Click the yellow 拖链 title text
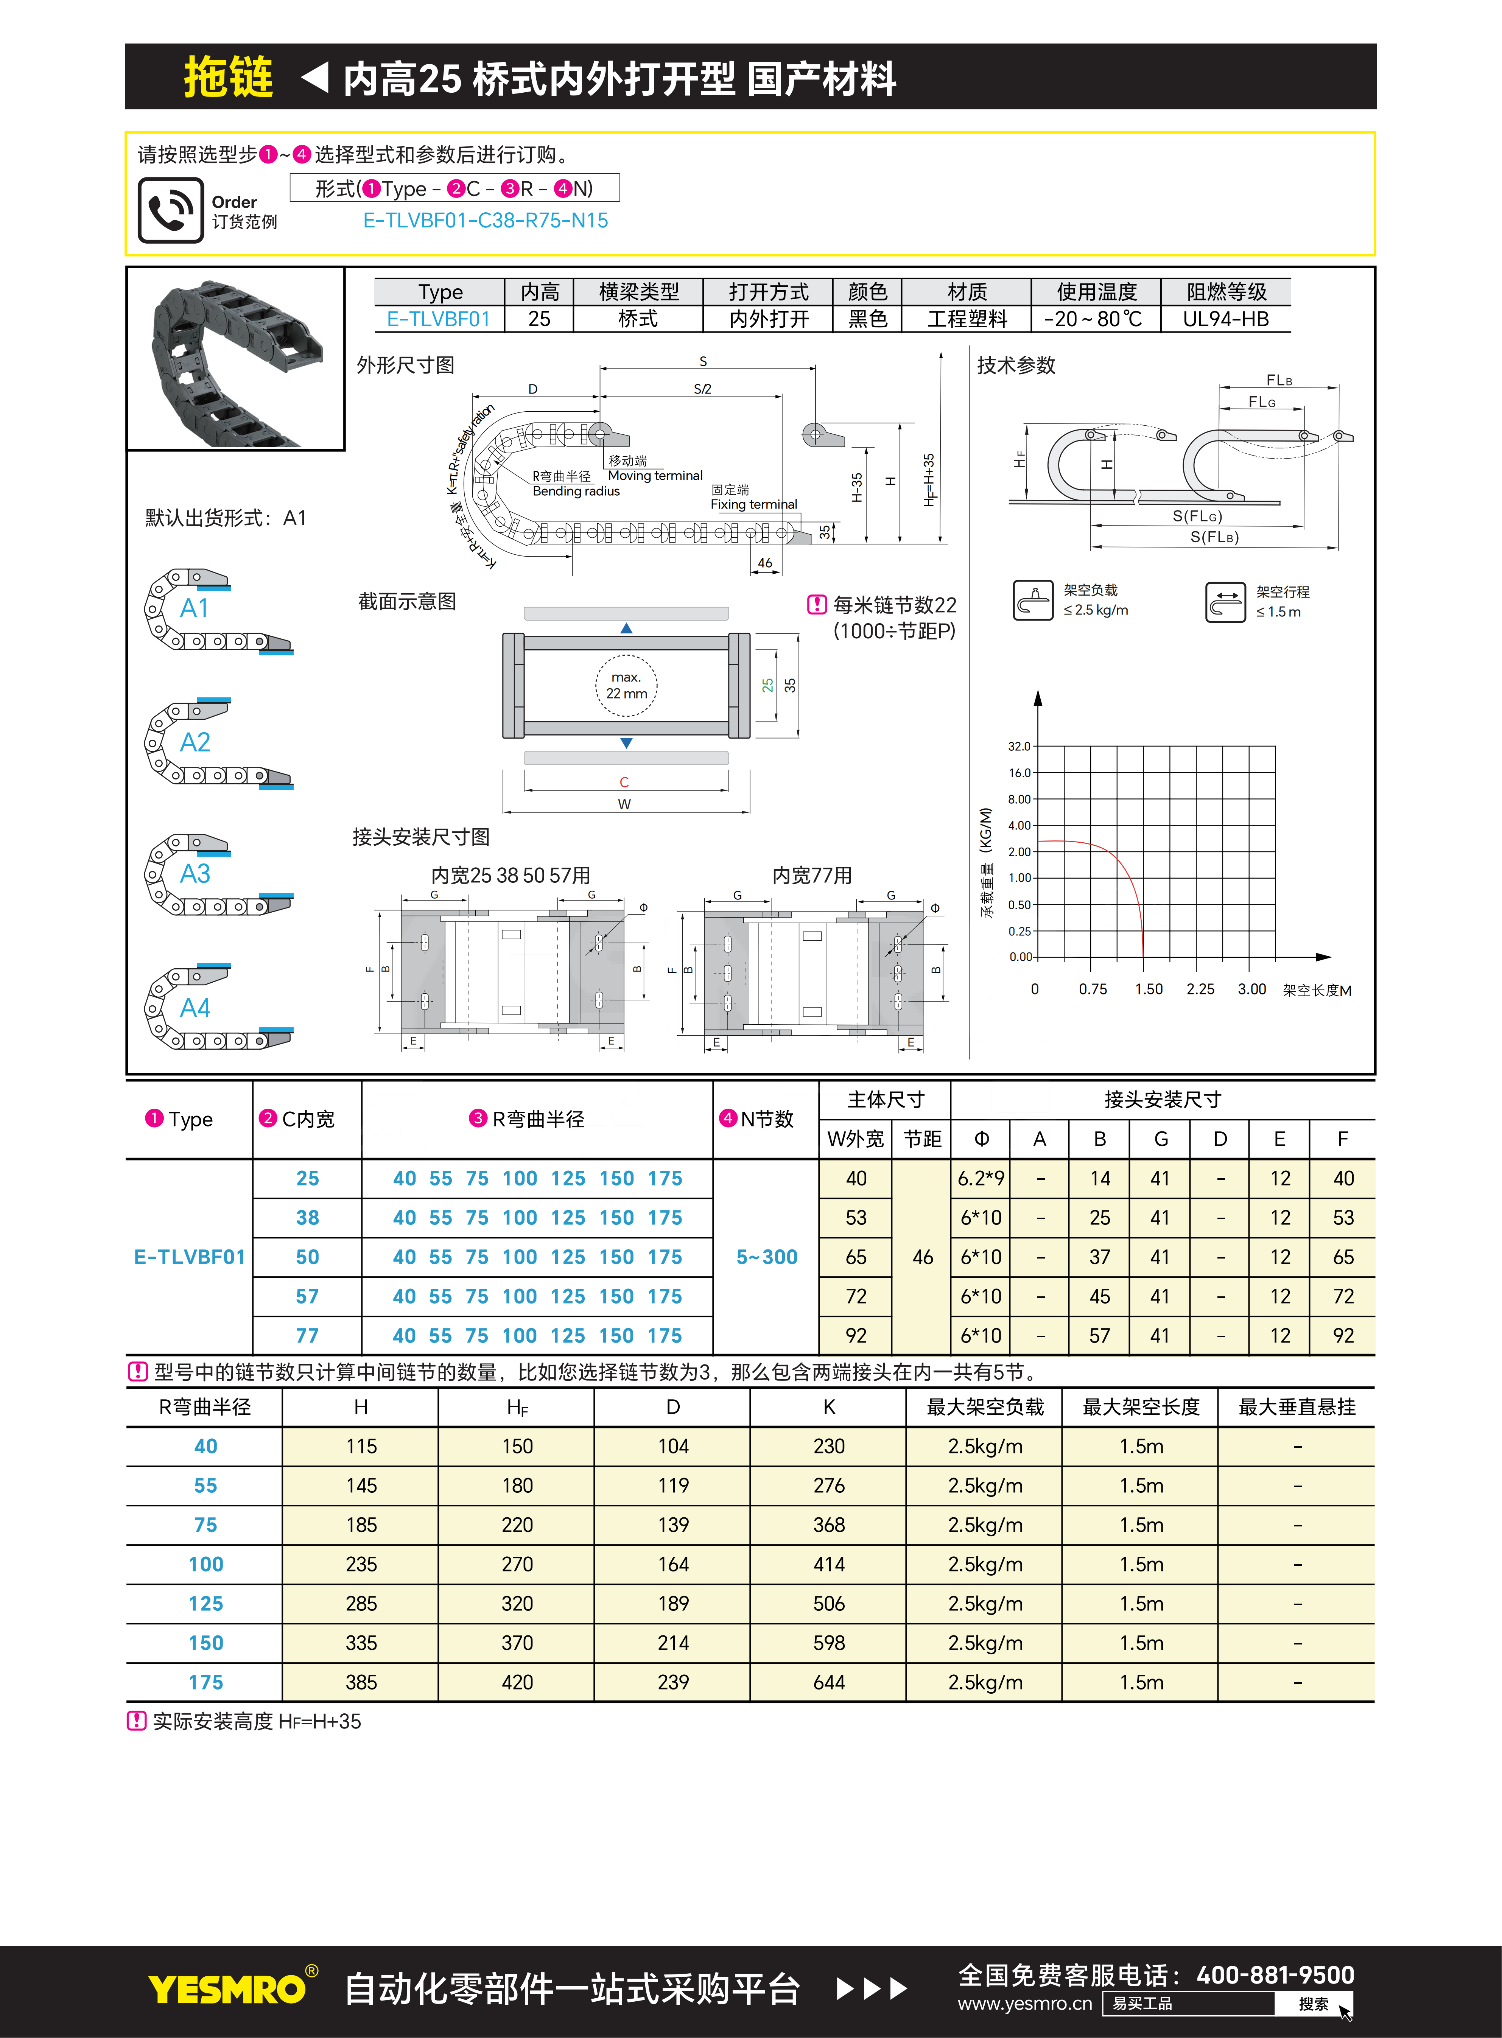(228, 77)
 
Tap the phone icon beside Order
(170, 210)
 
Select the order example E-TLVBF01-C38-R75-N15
(486, 221)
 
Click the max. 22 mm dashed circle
(626, 685)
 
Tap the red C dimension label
(624, 782)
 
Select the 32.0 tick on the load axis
(1019, 746)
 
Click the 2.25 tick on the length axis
(1200, 989)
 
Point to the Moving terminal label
(655, 475)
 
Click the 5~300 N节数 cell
(766, 1257)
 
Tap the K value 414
(829, 1564)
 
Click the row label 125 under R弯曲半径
(205, 1604)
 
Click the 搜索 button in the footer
(1313, 2004)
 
